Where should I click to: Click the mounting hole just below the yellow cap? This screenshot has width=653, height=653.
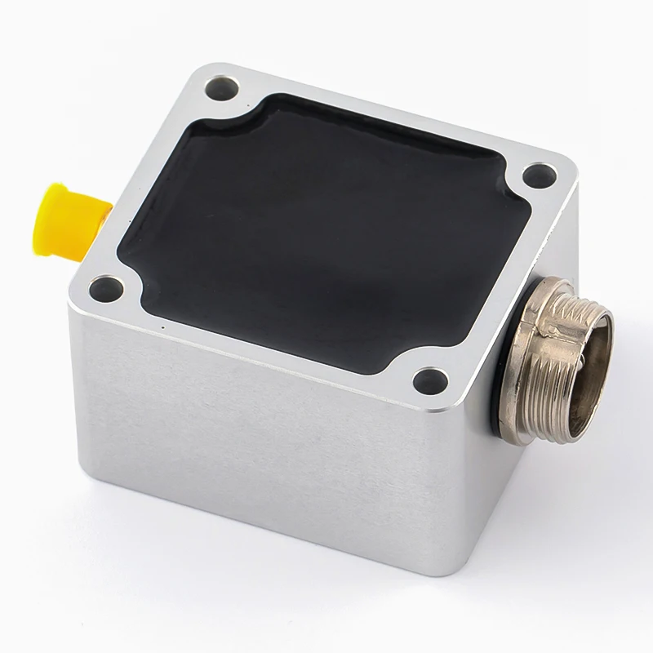pyautogui.click(x=104, y=287)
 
